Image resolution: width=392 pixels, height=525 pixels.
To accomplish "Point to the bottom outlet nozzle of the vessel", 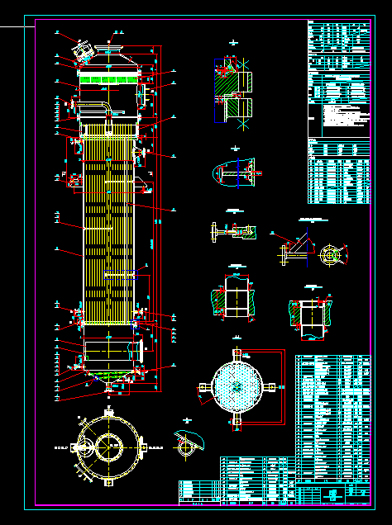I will coord(108,385).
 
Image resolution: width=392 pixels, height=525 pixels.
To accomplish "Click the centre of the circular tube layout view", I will coord(237,385).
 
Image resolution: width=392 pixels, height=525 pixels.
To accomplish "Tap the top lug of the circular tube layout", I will coord(237,353).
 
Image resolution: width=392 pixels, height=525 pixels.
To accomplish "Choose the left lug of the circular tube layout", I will coord(203,385).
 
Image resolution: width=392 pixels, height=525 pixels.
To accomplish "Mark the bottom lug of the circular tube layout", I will coord(237,419).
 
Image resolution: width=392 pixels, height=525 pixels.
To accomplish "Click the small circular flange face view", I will coord(331,255).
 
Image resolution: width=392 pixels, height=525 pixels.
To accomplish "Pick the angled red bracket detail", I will coord(291,248).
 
